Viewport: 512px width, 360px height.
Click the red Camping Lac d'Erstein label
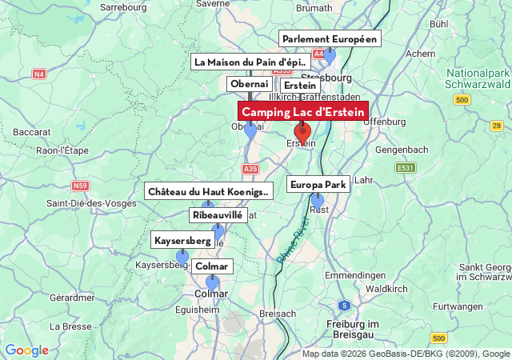click(x=303, y=112)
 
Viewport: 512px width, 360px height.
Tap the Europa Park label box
click(x=318, y=185)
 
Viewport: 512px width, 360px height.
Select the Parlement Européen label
click(x=330, y=39)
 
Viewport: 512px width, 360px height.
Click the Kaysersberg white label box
click(x=182, y=240)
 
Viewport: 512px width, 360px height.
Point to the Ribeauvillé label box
click(x=217, y=215)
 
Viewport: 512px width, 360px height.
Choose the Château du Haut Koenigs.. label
click(x=210, y=191)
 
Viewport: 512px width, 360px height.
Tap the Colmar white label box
click(x=212, y=266)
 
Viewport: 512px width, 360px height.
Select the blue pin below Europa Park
click(x=318, y=200)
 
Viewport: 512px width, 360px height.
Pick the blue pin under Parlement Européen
click(x=329, y=56)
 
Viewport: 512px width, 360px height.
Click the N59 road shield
click(x=80, y=186)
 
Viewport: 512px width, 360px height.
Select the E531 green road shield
click(x=406, y=167)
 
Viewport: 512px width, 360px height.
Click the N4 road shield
click(x=39, y=74)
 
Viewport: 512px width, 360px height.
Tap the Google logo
click(x=26, y=350)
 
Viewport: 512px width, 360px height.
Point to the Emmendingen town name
click(x=354, y=274)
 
